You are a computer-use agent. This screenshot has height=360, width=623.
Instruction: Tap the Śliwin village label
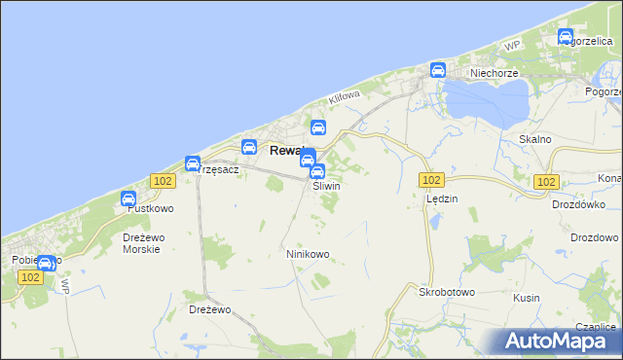coord(326,186)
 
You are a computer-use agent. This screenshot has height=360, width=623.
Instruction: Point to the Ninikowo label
coord(308,254)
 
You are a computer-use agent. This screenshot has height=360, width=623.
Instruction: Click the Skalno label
coord(535,139)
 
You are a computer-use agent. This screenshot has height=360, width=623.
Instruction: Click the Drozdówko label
coord(578,205)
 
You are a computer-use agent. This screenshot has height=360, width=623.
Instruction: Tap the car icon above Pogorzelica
coord(566,37)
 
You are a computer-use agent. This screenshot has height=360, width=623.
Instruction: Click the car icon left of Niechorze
coord(438,70)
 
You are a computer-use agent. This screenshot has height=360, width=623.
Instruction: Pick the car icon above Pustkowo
coord(128,198)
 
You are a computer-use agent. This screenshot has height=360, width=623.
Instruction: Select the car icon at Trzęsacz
coord(193,163)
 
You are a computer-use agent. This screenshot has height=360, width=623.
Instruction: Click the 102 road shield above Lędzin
coord(432,181)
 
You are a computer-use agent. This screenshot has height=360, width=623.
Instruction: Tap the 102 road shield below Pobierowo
coord(30,276)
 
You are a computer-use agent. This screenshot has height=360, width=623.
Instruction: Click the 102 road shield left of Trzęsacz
coord(163,181)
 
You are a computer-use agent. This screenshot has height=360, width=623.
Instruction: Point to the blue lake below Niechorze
coord(483,101)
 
